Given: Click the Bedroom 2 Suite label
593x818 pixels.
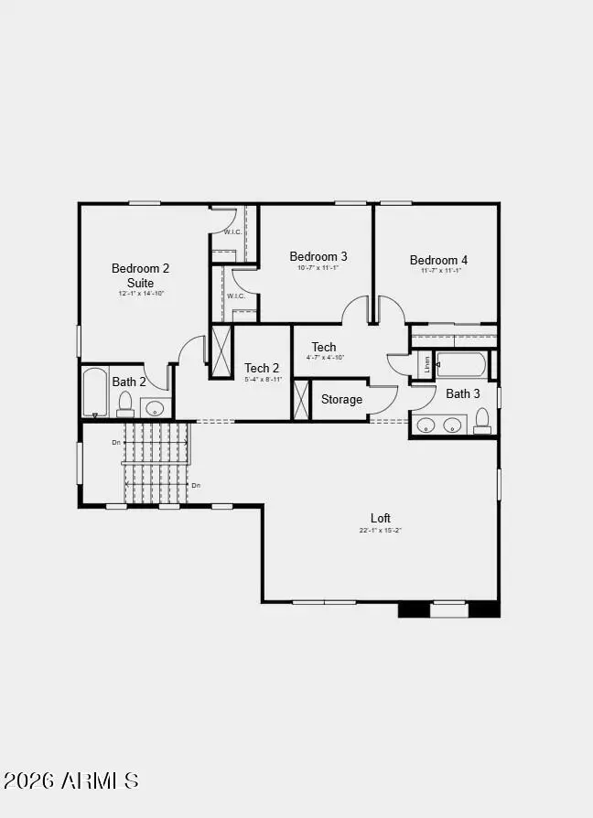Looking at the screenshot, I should click(x=140, y=275).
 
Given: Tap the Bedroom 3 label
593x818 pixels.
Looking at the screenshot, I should click(x=318, y=256).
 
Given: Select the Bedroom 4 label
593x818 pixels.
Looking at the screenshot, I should click(x=438, y=260).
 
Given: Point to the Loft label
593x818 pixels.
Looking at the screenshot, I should click(x=381, y=518).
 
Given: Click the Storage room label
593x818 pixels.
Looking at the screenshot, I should click(x=341, y=399).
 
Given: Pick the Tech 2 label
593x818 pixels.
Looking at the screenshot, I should click(x=262, y=368).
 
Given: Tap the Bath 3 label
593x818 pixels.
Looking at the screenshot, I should click(x=463, y=393).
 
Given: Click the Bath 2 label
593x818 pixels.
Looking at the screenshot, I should click(x=129, y=382).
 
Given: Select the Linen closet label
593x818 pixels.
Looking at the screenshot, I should click(x=426, y=363).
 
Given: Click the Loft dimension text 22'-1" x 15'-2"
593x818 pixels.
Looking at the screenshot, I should click(x=381, y=531).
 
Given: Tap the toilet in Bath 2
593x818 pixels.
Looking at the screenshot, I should click(x=126, y=404).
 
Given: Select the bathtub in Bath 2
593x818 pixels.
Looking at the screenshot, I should click(x=94, y=393).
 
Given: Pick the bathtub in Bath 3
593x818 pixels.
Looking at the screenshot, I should click(x=463, y=364).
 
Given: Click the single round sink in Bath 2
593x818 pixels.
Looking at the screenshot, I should click(x=156, y=407).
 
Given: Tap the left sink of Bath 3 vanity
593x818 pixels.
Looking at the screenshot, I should click(x=426, y=425).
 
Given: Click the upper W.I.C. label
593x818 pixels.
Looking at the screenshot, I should click(x=233, y=231).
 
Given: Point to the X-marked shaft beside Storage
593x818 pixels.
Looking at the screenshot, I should click(x=301, y=399).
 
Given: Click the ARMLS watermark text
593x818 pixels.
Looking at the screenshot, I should click(x=71, y=780).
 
